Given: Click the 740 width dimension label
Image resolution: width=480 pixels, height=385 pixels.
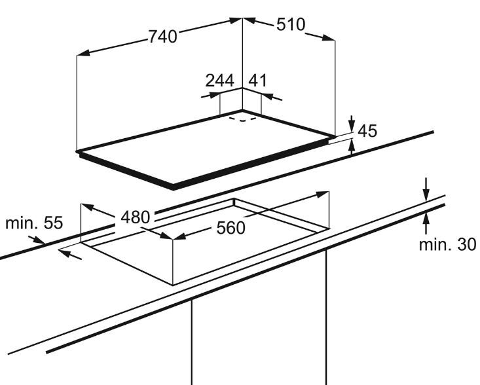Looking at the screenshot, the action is pos(163,37).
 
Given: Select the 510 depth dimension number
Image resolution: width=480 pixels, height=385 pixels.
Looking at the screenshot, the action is pos(291,24).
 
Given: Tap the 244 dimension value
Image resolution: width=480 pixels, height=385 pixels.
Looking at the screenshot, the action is pos(219,81).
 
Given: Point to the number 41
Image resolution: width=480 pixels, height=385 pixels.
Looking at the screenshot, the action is pos(257,81).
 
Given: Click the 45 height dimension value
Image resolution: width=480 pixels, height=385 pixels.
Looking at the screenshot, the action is pos(367,131).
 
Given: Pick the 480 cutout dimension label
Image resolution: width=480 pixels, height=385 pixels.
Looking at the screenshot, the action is pos(136,217).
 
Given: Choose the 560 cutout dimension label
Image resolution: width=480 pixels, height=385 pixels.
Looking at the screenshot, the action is pos(231,228).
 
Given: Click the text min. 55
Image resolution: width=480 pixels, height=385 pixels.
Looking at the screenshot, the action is pos(34,223).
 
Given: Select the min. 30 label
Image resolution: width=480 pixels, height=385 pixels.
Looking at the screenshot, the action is pos(447,244).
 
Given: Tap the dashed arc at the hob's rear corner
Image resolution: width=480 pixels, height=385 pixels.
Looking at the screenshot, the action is pos(243,120).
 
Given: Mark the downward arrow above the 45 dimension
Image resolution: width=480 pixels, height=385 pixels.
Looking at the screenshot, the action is pos(352,124).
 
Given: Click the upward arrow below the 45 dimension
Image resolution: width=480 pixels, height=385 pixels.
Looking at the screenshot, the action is pos(352,146).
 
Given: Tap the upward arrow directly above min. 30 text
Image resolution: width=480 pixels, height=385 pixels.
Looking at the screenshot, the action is pos(426,223).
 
